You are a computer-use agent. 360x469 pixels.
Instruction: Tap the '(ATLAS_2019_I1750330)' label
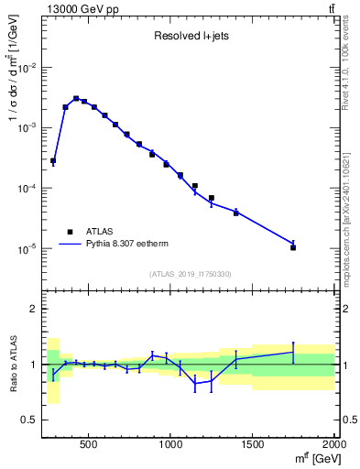(191, 274)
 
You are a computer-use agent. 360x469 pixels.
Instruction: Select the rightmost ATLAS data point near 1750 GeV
(293, 247)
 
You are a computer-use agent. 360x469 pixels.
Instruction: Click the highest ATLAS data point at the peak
(76, 98)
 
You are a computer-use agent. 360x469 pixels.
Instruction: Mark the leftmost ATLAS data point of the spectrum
(53, 160)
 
